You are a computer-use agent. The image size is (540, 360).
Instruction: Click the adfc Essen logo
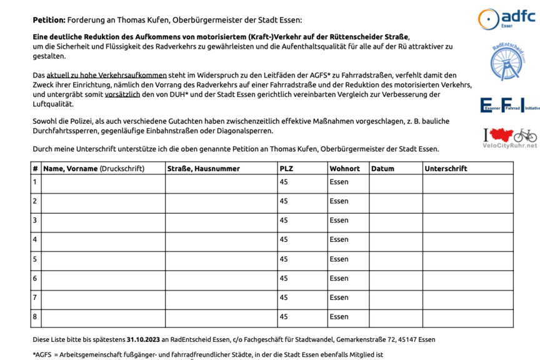point(506,18)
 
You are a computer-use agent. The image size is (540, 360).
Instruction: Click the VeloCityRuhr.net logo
point(509,137)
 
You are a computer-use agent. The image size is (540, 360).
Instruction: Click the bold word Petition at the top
point(49,20)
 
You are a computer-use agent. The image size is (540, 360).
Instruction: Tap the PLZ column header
point(286,169)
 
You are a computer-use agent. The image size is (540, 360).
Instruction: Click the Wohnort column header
point(344,169)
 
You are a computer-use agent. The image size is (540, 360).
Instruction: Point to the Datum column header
point(382,169)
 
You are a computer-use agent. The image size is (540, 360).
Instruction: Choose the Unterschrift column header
point(446,169)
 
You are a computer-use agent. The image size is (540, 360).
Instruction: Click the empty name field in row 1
point(103,182)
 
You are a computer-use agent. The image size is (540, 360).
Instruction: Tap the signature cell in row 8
point(467,317)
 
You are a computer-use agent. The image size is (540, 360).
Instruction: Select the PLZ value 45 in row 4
point(284,239)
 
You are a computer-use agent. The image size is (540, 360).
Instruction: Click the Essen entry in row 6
point(339,278)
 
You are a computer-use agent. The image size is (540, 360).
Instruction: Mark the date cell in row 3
point(396,221)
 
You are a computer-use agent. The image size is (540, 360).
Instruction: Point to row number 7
point(35,297)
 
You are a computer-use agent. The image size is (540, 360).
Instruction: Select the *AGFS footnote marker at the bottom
point(42,354)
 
